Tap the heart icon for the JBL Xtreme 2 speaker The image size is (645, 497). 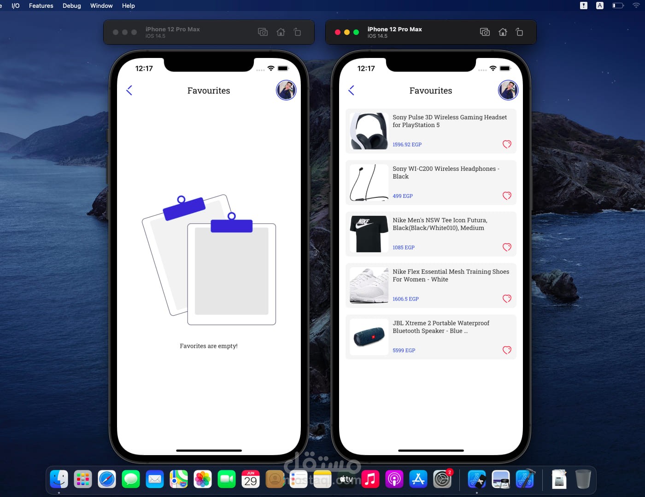507,350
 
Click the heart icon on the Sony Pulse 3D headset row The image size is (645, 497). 507,144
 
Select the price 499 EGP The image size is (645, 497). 403,196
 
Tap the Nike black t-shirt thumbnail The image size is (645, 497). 369,234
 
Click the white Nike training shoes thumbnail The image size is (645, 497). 369,285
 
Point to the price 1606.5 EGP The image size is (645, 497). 405,299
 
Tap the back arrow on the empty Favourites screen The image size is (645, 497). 129,90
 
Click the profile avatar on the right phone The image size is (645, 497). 508,90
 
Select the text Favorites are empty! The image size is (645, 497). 208,346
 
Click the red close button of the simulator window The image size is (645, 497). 338,32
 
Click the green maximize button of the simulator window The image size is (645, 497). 356,32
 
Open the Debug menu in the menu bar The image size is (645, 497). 71,6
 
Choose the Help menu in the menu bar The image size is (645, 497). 128,6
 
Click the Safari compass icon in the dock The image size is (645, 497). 106,479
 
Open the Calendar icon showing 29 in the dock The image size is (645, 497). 250,479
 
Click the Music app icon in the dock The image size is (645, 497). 370,479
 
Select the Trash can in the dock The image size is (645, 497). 583,479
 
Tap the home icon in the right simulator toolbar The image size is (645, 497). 503,32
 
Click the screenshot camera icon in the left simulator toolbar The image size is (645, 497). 263,32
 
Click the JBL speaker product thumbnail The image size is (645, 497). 369,337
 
